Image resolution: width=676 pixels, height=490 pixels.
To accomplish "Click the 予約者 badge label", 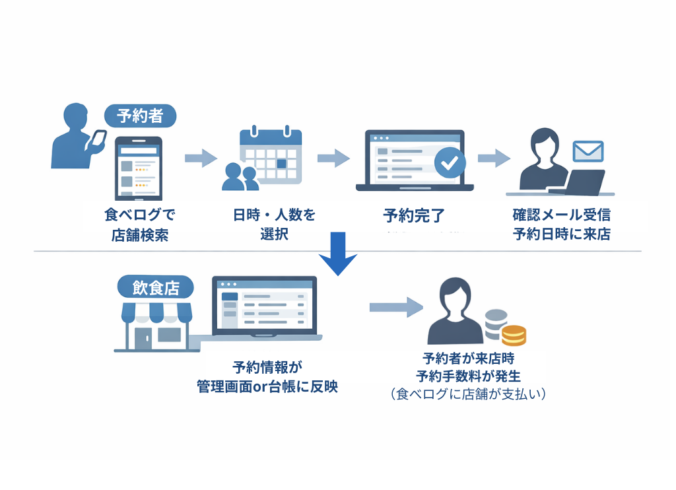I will (140, 116).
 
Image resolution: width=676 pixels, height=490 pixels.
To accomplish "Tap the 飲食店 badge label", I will (155, 288).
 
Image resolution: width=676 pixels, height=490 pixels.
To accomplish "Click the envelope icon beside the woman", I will (588, 151).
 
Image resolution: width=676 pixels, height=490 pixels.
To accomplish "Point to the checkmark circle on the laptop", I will (449, 162).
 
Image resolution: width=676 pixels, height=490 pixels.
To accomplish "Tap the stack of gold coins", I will (513, 335).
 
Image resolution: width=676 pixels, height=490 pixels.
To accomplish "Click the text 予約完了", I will (414, 215).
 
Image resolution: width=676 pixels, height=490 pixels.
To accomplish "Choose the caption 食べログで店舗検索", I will (140, 225).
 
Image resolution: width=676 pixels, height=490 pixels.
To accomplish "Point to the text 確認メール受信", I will (561, 215).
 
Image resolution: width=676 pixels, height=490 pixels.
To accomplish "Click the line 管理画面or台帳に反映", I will (267, 386).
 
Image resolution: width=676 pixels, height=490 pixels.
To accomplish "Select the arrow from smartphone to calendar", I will (201, 158).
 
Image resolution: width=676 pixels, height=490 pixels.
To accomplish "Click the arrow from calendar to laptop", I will (333, 158).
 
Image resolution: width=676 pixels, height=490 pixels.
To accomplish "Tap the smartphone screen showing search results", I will (139, 170).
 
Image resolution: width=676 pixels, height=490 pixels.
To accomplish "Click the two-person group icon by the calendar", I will (240, 176).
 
